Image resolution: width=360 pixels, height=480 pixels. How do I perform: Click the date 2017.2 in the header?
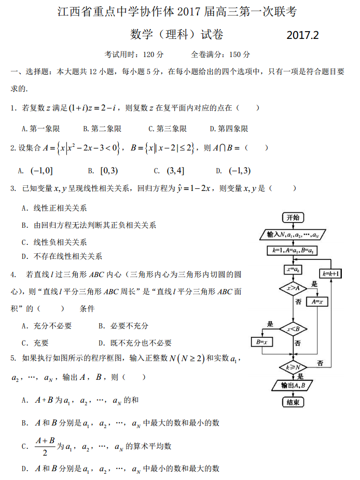[302, 35]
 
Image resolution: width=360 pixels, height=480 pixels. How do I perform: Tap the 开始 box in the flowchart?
[293, 217]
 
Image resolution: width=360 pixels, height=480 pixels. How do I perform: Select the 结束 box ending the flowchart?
[293, 402]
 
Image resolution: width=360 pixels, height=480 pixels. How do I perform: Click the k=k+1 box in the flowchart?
[331, 273]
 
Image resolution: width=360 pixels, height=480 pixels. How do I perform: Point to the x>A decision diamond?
[293, 287]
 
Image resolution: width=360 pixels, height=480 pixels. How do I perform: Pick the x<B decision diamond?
[293, 328]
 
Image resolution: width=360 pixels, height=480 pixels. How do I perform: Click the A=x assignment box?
[317, 301]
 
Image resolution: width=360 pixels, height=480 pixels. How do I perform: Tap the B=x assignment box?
[262, 342]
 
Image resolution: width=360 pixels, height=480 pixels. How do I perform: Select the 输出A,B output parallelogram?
[293, 386]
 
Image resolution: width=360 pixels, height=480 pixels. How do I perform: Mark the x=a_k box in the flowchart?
[293, 269]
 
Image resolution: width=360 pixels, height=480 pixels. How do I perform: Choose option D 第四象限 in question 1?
[229, 128]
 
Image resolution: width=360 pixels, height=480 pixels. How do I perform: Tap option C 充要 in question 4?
[35, 342]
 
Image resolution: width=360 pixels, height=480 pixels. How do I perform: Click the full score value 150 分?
[239, 54]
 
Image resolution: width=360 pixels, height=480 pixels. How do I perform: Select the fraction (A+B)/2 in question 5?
[45, 446]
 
